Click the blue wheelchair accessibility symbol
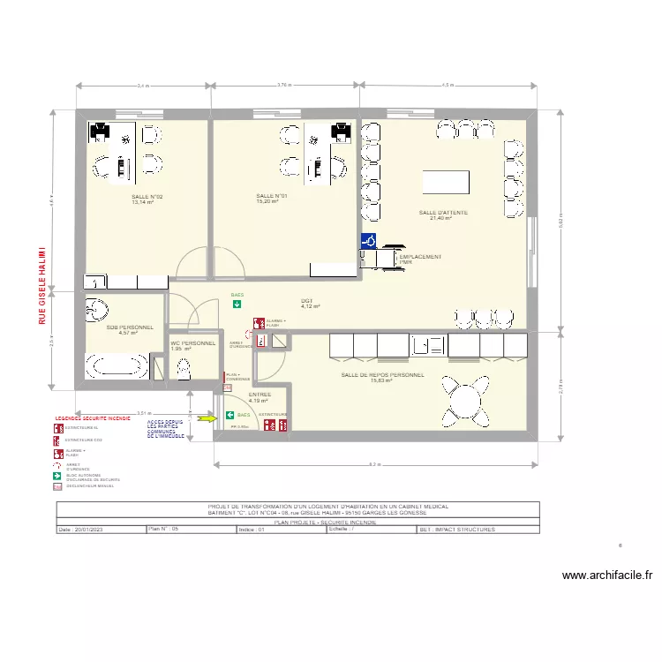pyautogui.click(x=368, y=240)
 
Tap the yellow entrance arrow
pyautogui.click(x=206, y=418)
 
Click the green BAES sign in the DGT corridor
pyautogui.click(x=237, y=305)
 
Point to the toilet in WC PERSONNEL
pyautogui.click(x=184, y=370)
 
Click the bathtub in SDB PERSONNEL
pyautogui.click(x=116, y=365)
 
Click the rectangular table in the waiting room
pyautogui.click(x=446, y=182)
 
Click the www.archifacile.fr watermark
pyautogui.click(x=607, y=575)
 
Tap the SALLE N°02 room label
pyautogui.click(x=147, y=197)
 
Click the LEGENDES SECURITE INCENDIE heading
pyautogui.click(x=93, y=418)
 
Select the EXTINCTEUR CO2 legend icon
pyautogui.click(x=58, y=440)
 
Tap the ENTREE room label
pyautogui.click(x=260, y=395)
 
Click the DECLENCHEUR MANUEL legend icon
pyautogui.click(x=58, y=485)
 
